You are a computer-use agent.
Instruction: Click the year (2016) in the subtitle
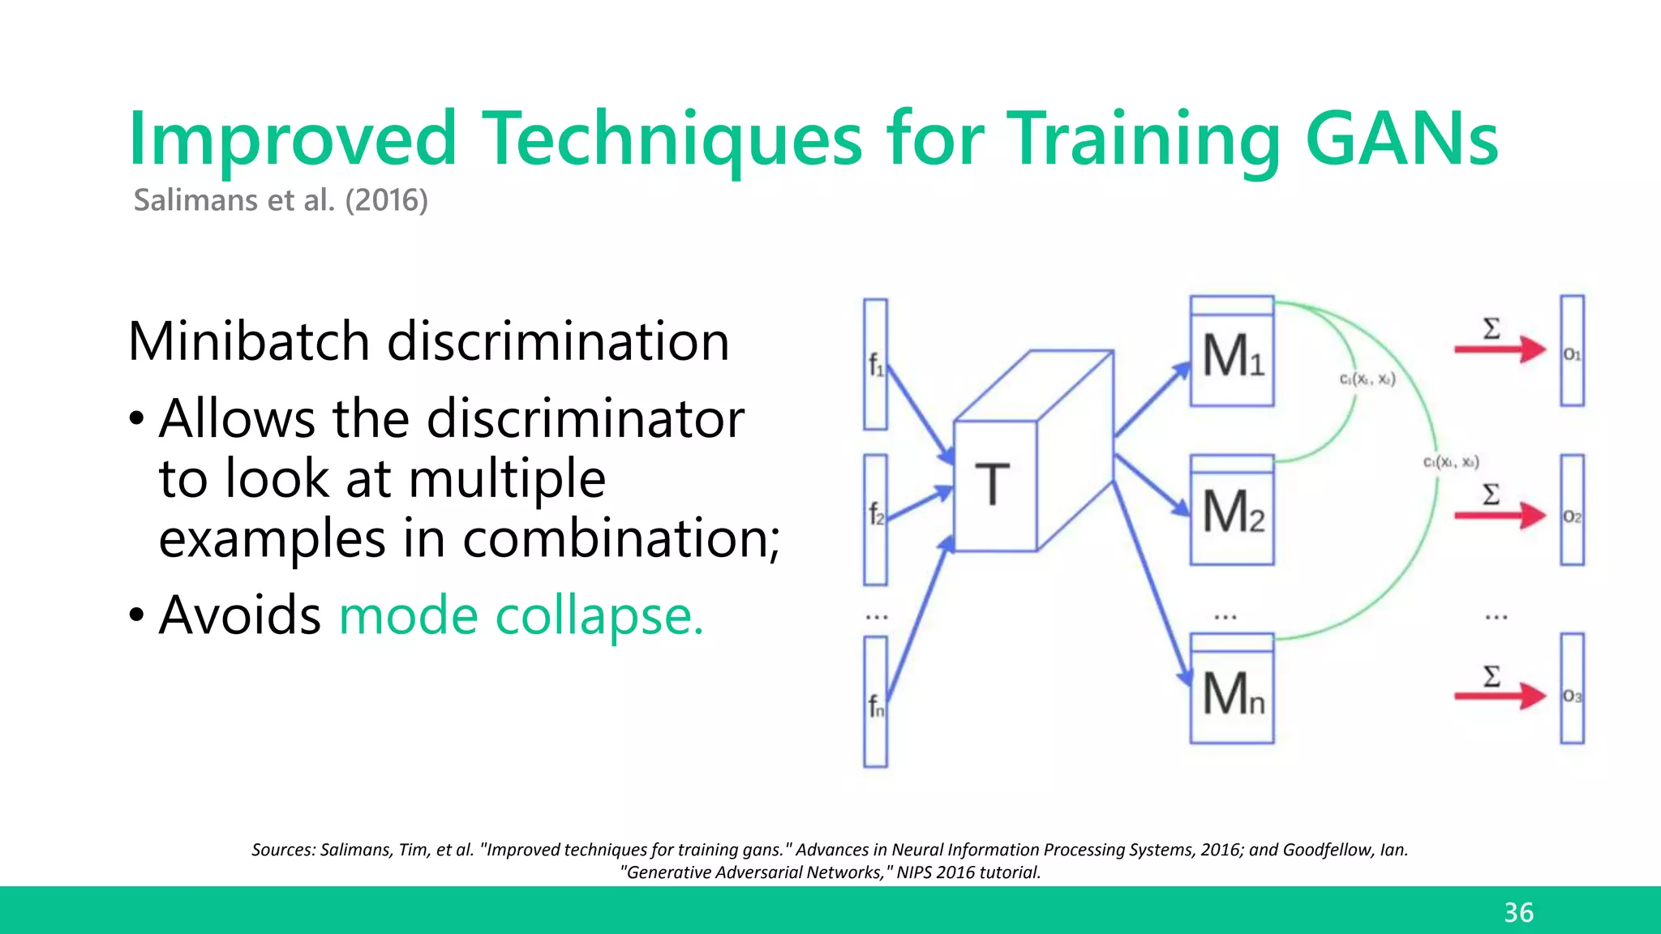point(386,200)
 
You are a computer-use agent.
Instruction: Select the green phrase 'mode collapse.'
point(521,615)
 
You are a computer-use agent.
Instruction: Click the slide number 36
point(1518,912)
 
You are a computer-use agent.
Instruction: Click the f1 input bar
point(875,365)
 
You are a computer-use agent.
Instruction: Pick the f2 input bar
point(875,519)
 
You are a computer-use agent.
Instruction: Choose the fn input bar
point(875,701)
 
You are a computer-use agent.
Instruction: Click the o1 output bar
point(1572,351)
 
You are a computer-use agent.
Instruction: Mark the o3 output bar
point(1572,689)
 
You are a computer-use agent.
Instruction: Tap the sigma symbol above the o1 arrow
point(1491,328)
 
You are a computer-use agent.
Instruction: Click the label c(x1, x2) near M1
point(1367,379)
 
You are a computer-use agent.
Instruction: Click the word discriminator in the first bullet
point(585,419)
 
